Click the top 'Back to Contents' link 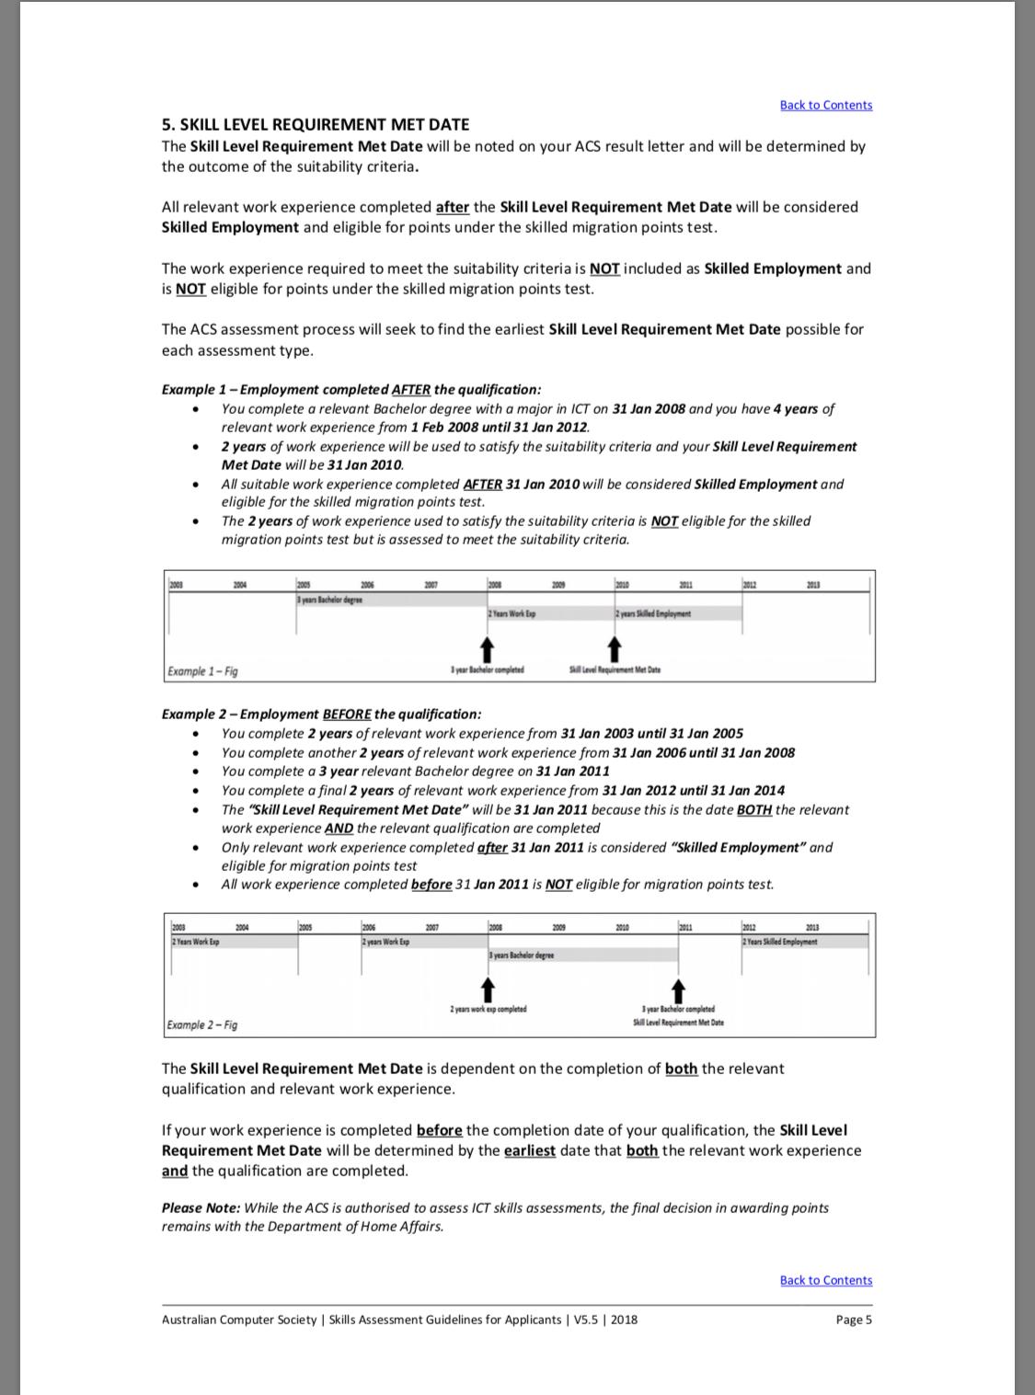click(x=825, y=105)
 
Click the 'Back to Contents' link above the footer click(x=825, y=1280)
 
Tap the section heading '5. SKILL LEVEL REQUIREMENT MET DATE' click(x=316, y=125)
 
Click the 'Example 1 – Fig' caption click(x=202, y=671)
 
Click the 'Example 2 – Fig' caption click(x=202, y=1024)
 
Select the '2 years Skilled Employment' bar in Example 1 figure click(x=679, y=613)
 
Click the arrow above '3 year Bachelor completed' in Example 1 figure click(x=488, y=649)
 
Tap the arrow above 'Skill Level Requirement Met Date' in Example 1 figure click(x=615, y=649)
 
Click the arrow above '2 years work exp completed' click(x=489, y=989)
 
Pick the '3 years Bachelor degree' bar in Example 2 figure click(x=583, y=955)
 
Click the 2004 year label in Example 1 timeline click(x=240, y=585)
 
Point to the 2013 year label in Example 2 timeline click(x=812, y=928)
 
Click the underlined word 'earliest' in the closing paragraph click(x=529, y=1150)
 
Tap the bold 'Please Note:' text click(x=201, y=1207)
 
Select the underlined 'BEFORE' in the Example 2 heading click(x=347, y=715)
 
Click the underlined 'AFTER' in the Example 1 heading click(x=410, y=390)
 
